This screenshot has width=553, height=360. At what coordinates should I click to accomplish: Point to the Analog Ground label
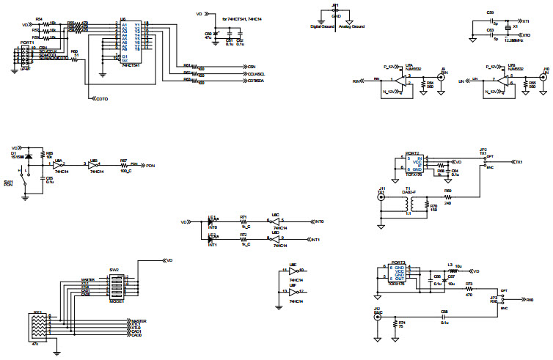pyautogui.click(x=350, y=26)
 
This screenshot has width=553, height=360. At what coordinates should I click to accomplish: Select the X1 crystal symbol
pyautogui.click(x=509, y=27)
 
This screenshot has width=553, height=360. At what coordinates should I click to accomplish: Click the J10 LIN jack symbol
pyautogui.click(x=544, y=76)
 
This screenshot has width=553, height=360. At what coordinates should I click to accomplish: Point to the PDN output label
pyautogui.click(x=150, y=166)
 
